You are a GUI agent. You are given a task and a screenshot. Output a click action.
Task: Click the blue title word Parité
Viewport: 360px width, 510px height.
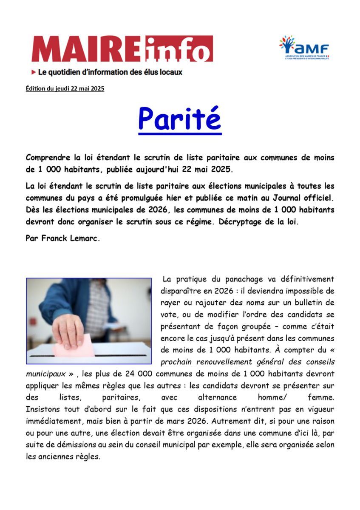(x=180, y=119)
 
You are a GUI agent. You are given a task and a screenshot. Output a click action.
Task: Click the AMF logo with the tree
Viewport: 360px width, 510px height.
(x=304, y=47)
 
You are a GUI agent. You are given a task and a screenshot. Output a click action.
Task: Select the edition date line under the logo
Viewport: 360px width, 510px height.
(x=65, y=88)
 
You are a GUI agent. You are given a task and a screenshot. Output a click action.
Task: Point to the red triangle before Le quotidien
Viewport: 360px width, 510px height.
(x=34, y=72)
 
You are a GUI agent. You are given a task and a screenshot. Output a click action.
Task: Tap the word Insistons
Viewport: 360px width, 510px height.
(x=43, y=410)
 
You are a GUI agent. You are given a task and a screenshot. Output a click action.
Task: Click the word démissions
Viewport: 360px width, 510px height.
(x=73, y=445)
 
